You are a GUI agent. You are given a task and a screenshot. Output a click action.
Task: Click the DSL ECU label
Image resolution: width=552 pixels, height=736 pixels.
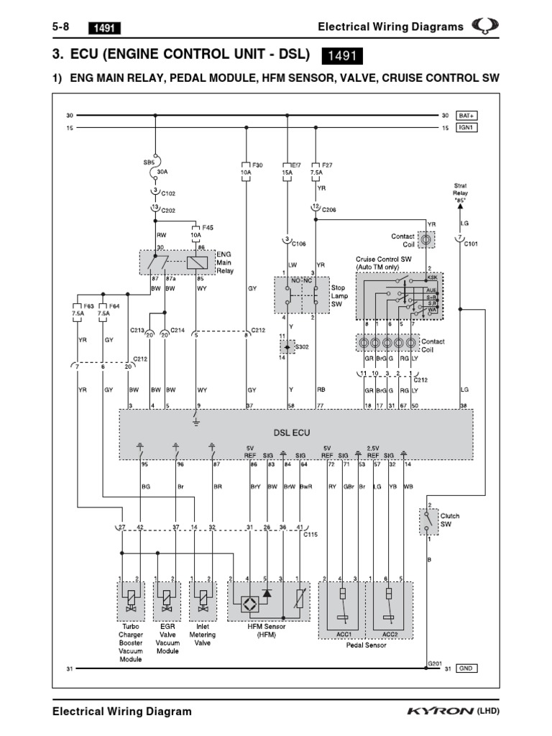point(290,433)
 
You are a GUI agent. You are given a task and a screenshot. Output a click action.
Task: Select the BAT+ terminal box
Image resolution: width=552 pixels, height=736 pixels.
point(468,115)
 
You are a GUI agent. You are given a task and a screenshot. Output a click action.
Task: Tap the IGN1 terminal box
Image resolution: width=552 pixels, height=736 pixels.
point(468,128)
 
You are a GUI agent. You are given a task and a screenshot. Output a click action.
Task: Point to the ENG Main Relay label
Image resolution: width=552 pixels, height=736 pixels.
point(224,263)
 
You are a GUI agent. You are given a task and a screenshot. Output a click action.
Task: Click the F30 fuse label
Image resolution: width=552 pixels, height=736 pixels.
point(257,165)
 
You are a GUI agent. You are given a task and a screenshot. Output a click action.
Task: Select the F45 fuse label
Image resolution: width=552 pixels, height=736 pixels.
point(208,227)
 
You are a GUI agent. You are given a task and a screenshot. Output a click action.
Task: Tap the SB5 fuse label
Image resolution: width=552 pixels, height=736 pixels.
point(149,162)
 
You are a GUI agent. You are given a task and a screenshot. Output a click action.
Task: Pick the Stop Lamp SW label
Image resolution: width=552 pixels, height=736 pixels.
point(339,295)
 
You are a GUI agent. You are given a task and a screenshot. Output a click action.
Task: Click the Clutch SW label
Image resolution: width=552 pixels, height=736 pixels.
point(450,520)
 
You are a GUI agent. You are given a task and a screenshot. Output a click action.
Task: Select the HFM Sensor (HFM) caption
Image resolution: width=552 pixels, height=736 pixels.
point(266,630)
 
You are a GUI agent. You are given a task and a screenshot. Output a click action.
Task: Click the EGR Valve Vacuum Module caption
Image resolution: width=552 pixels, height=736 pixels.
point(167,639)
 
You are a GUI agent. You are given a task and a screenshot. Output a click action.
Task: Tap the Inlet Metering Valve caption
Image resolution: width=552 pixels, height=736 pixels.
point(203,635)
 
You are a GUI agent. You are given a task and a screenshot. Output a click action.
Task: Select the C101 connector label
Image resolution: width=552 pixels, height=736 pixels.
point(471,244)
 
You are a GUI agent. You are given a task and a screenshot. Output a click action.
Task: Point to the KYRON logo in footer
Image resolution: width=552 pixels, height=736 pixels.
point(441,712)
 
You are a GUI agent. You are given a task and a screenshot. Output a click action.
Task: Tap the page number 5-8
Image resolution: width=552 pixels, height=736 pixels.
point(62,27)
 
